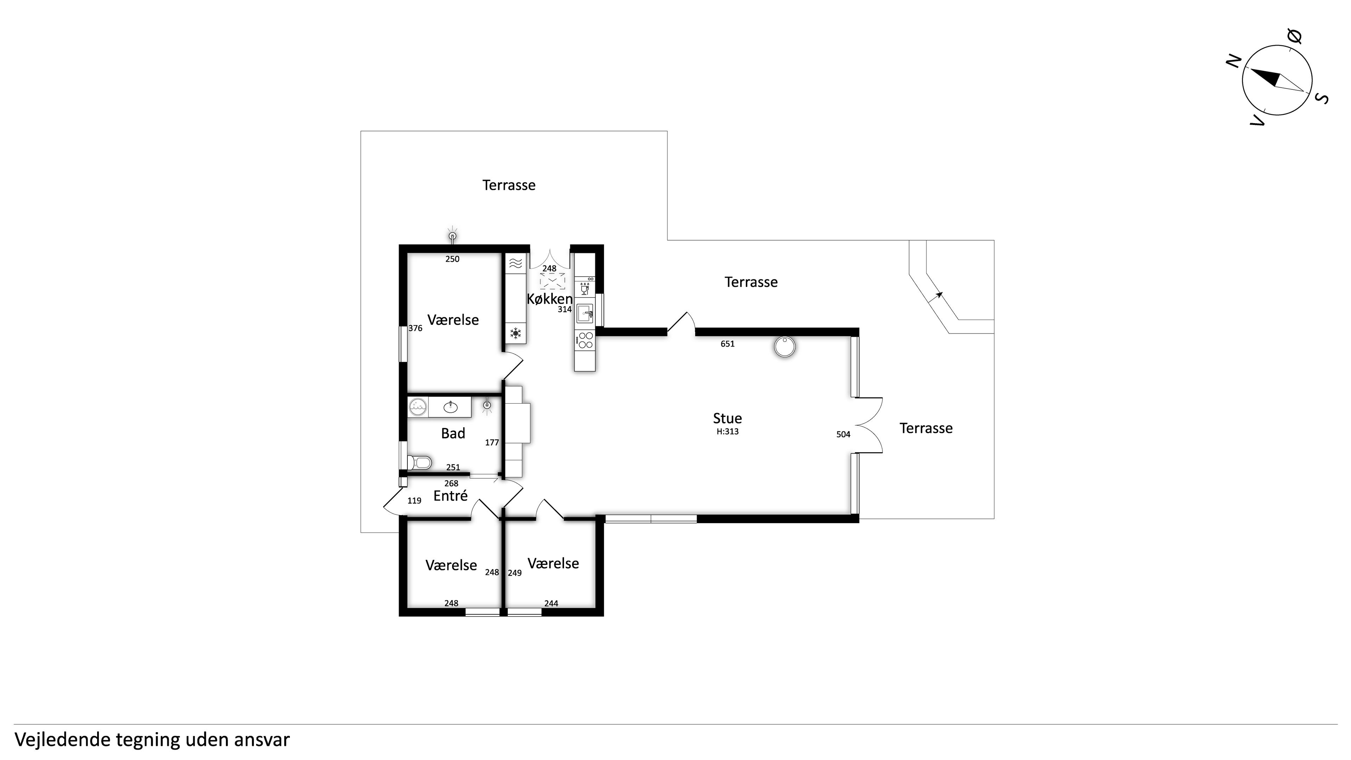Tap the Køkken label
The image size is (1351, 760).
[x=549, y=299]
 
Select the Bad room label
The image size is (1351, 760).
[x=453, y=433]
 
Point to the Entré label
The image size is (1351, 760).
[x=450, y=496]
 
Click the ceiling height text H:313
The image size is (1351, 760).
[x=728, y=432]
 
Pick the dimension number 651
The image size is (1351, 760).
[x=728, y=344]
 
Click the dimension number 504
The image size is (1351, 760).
[x=843, y=434]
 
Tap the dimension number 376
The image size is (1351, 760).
[x=416, y=328]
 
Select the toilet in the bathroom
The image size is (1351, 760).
[x=420, y=462]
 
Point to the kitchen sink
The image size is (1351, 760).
[x=585, y=313]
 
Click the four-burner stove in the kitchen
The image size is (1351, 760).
[x=585, y=340]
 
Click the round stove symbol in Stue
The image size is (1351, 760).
[x=785, y=347]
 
